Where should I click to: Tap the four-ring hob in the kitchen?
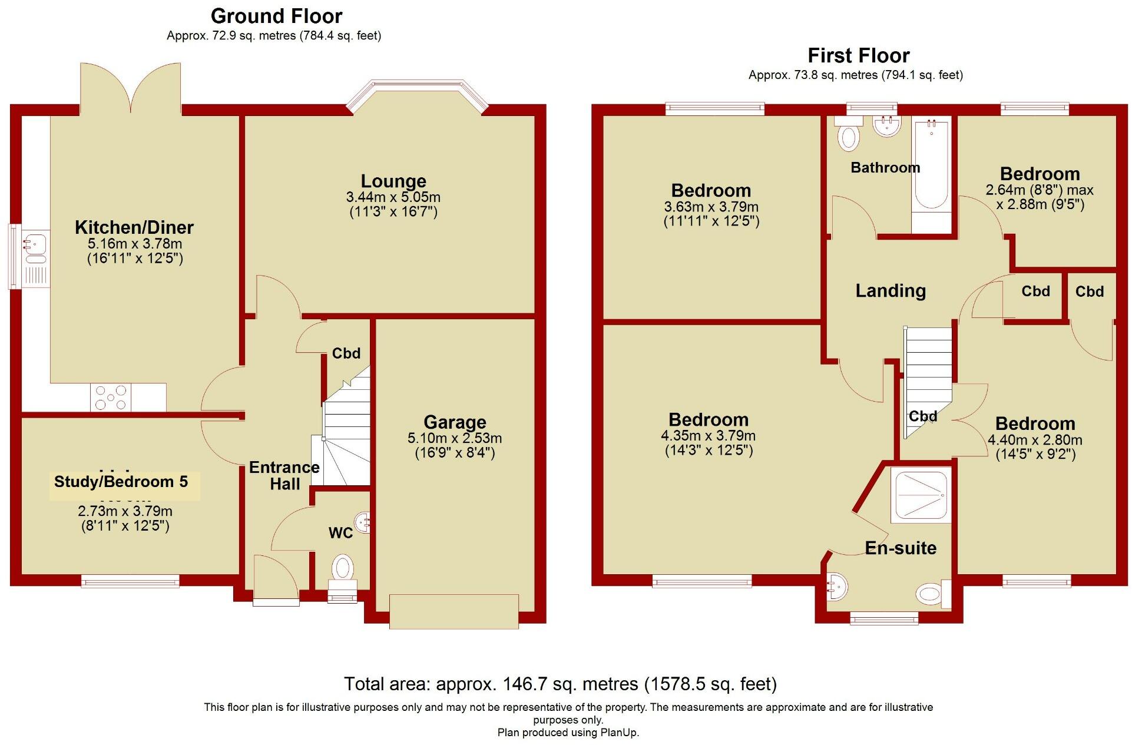(111, 398)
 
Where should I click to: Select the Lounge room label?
(393, 181)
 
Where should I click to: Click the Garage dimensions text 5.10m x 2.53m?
(455, 438)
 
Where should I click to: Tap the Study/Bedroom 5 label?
(121, 482)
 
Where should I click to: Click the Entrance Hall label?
(284, 476)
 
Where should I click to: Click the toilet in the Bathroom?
(849, 133)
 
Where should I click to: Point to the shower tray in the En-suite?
(921, 495)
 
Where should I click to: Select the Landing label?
(891, 290)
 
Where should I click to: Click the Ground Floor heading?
(276, 16)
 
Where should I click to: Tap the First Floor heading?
(858, 55)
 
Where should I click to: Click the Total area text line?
(560, 684)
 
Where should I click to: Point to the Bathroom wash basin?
(886, 125)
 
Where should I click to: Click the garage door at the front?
(454, 611)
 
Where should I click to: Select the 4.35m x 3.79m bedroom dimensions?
(709, 436)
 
